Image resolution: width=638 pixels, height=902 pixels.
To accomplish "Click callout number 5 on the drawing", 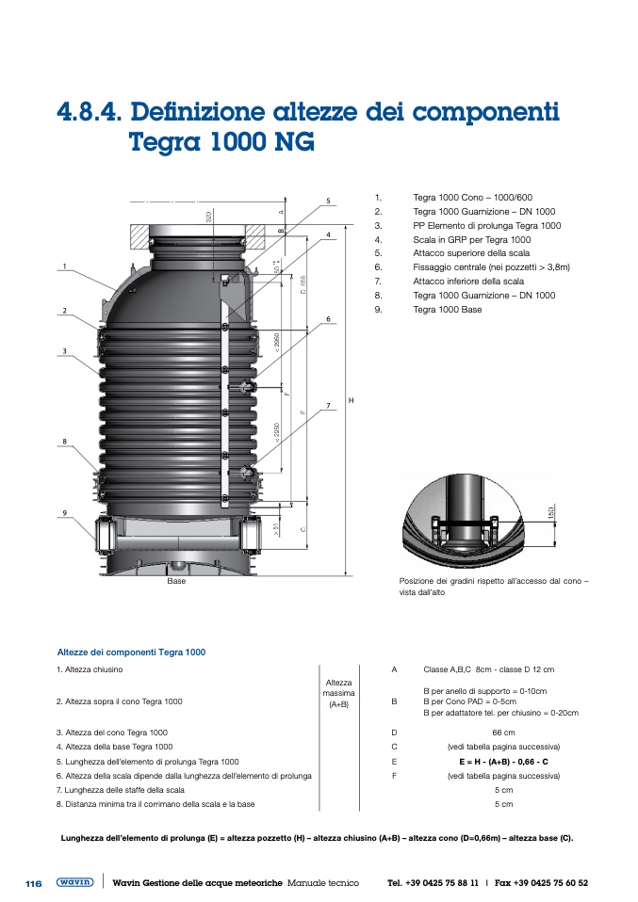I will click(328, 201).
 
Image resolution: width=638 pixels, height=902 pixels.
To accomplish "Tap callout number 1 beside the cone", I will click(65, 266).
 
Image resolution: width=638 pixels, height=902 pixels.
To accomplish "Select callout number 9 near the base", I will click(65, 512).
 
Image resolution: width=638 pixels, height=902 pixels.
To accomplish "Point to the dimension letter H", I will click(351, 401).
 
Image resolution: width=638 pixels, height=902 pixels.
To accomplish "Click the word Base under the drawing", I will click(176, 582).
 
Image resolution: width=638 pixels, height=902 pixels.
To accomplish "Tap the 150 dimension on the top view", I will click(549, 514).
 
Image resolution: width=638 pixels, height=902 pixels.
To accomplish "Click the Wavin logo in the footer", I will click(74, 883).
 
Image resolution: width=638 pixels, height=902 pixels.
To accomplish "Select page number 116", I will click(33, 884).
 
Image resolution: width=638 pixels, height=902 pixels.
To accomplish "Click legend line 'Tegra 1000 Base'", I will click(447, 309).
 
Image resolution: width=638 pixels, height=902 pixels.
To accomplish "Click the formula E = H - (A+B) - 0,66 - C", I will click(503, 761).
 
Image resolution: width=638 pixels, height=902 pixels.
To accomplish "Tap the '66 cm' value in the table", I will click(503, 733).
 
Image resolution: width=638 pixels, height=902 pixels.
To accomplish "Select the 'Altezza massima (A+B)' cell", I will click(338, 693).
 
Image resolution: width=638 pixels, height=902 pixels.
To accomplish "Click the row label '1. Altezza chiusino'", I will click(90, 669).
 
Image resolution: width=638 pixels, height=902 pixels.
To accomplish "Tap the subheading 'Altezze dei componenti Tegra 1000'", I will click(131, 652).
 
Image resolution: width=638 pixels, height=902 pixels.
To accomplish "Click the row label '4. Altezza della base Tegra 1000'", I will click(114, 747).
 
